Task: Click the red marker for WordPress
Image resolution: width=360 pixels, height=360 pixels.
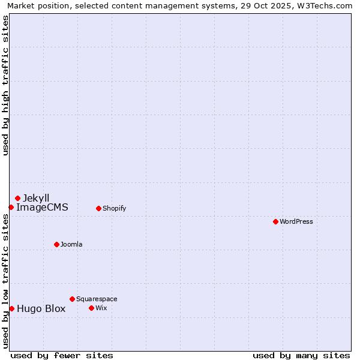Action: pyautogui.click(x=275, y=221)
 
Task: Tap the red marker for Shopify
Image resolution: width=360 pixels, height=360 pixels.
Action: pyautogui.click(x=98, y=208)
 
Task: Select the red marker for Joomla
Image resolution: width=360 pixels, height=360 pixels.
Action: pyautogui.click(x=56, y=244)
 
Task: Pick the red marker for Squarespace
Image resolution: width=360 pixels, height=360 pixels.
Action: pyautogui.click(x=72, y=299)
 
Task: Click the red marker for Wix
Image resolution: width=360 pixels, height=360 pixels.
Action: pyautogui.click(x=91, y=308)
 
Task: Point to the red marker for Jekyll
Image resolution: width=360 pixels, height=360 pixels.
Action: pyautogui.click(x=17, y=198)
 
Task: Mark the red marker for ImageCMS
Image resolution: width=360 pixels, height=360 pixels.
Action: pyautogui.click(x=11, y=207)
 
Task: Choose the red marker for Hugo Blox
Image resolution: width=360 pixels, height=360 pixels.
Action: pyautogui.click(x=11, y=308)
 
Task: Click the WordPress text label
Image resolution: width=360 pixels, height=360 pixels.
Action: pyautogui.click(x=296, y=221)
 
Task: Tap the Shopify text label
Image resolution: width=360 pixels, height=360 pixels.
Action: pyautogui.click(x=114, y=208)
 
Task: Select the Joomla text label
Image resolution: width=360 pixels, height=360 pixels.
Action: pyautogui.click(x=71, y=244)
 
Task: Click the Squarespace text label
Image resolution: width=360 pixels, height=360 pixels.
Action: pyautogui.click(x=97, y=299)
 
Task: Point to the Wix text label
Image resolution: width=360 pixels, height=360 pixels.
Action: pyautogui.click(x=101, y=308)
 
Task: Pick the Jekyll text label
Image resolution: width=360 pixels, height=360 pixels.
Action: pyautogui.click(x=36, y=198)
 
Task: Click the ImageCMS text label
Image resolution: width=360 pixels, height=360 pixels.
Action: pyautogui.click(x=42, y=208)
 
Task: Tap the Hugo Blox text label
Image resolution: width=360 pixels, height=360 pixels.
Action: pyautogui.click(x=41, y=309)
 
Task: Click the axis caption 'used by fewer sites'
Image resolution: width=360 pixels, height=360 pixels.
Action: pyautogui.click(x=62, y=355)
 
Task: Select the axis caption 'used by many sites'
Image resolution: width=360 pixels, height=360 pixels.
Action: pyautogui.click(x=301, y=355)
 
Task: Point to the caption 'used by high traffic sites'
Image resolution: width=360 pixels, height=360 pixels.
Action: pyautogui.click(x=6, y=85)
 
